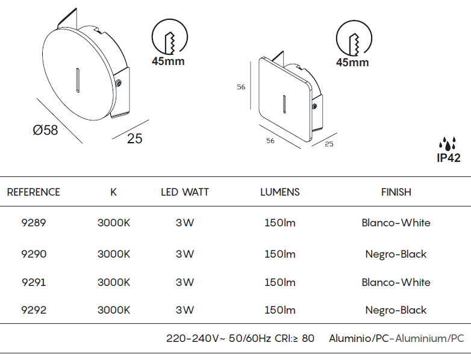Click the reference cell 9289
[x=34, y=223]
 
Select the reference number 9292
[x=34, y=310]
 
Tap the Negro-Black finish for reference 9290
[x=396, y=254]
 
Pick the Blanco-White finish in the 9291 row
[x=396, y=282]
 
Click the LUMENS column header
[x=280, y=192]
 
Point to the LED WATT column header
[x=185, y=192]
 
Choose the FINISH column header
[x=396, y=192]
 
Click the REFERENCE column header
[x=33, y=192]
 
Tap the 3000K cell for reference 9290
[x=114, y=254]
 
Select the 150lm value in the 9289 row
[x=280, y=223]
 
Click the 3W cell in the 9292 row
[x=185, y=310]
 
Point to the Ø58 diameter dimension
[x=45, y=130]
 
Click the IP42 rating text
[x=449, y=158]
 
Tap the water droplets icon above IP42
[x=448, y=143]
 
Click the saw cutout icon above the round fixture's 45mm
[x=170, y=37]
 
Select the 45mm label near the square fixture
[x=352, y=63]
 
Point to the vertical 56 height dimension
[x=241, y=87]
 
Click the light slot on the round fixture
[x=78, y=80]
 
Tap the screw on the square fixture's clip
[x=314, y=106]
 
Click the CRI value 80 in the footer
[x=308, y=338]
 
